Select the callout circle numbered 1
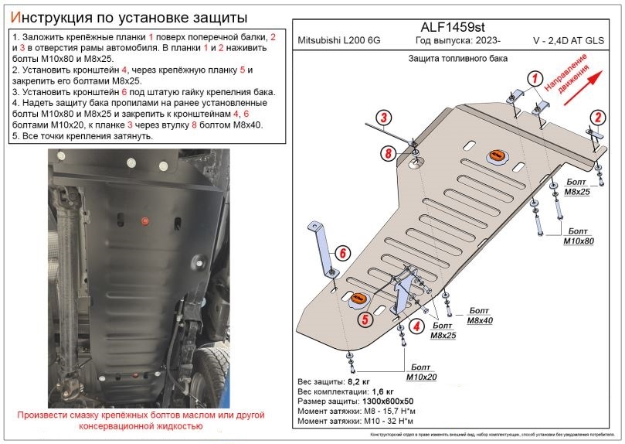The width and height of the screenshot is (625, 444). [x=533, y=77]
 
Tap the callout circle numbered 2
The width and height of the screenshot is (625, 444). [x=596, y=118]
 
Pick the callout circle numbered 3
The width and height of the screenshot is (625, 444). [x=382, y=117]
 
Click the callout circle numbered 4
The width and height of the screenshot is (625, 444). [x=416, y=327]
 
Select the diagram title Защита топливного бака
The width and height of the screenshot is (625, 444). [x=452, y=59]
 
